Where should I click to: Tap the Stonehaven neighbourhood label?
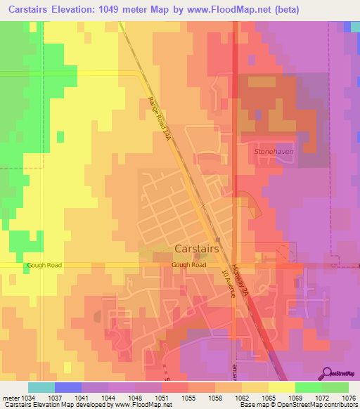click(x=274, y=151)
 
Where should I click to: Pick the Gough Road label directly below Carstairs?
click(x=188, y=265)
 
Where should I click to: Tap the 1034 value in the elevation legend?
click(x=29, y=397)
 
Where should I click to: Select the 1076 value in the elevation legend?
click(x=348, y=397)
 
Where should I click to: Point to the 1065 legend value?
click(x=269, y=397)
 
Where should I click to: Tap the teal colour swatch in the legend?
click(x=41, y=387)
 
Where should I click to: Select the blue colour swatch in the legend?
click(x=68, y=387)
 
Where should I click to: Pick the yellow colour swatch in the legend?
click(x=281, y=387)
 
